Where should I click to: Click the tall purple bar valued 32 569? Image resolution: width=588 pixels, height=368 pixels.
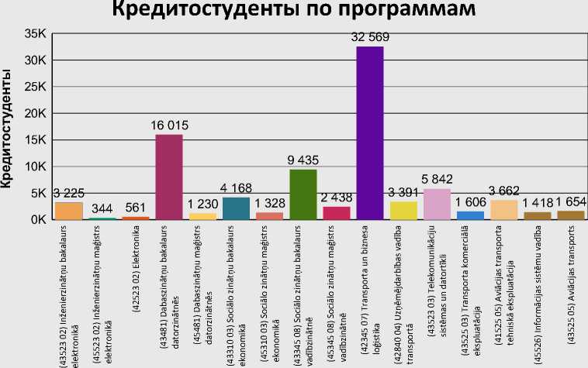click(369, 133)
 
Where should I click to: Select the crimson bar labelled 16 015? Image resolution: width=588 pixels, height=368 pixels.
click(169, 177)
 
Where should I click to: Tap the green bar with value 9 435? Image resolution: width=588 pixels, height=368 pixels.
click(303, 194)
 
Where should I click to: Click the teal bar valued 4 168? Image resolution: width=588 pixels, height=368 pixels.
click(236, 208)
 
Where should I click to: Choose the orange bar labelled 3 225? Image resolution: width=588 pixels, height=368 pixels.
click(68, 211)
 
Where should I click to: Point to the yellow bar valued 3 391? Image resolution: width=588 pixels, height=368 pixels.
click(403, 211)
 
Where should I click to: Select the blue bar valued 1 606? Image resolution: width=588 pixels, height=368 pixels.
click(470, 215)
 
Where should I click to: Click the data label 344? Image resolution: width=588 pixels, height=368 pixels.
click(102, 209)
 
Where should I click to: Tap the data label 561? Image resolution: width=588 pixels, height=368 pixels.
click(136, 208)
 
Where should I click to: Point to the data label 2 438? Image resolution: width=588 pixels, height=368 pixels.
click(336, 198)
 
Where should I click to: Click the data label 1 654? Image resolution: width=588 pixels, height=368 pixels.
click(570, 201)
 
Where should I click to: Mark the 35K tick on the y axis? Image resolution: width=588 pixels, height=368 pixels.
click(36, 34)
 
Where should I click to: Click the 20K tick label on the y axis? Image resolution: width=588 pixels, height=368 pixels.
click(36, 113)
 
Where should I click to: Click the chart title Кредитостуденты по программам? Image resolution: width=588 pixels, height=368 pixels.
click(293, 12)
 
